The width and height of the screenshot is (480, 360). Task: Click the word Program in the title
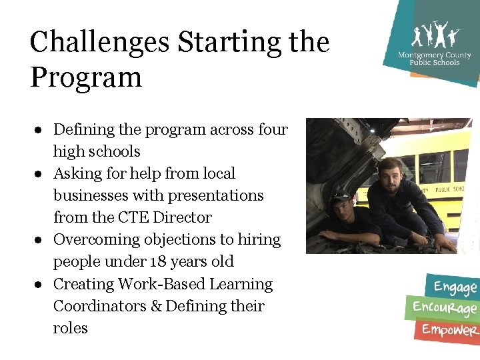tap(86, 77)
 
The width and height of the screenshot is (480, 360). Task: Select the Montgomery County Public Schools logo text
tap(429, 59)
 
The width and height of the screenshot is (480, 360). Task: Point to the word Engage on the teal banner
tap(455, 287)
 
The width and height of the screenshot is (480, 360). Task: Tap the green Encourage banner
tap(445, 308)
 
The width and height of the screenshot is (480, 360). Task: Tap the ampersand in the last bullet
tap(157, 306)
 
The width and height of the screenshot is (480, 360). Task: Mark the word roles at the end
tap(70, 328)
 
